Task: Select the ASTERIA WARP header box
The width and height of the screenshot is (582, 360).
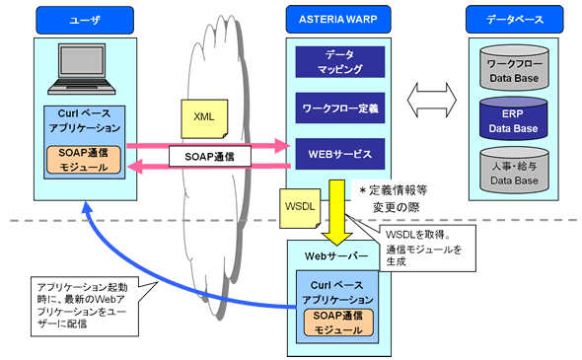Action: (x=330, y=19)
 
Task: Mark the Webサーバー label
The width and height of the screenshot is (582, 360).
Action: (x=330, y=255)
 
